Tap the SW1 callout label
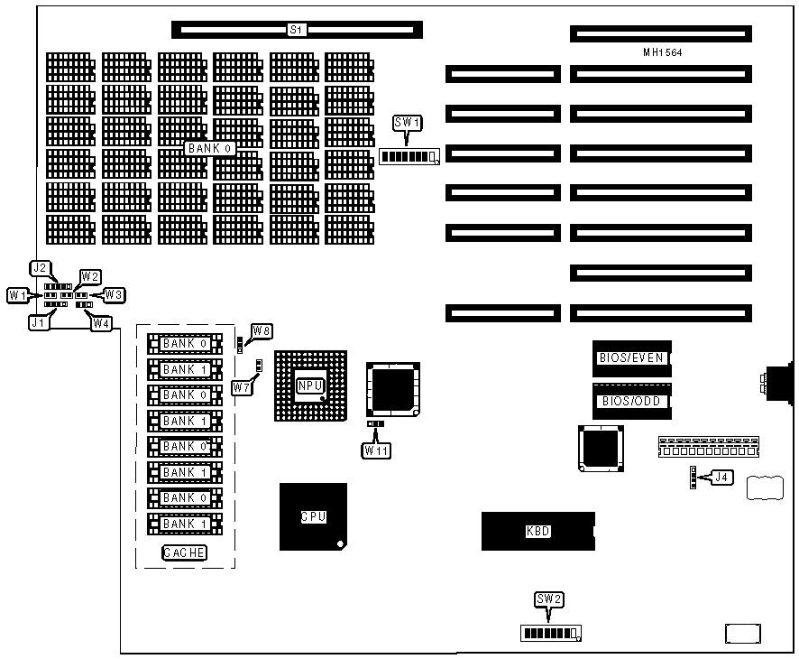pyautogui.click(x=408, y=123)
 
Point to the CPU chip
pyautogui.click(x=313, y=517)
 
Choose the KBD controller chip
pyautogui.click(x=537, y=531)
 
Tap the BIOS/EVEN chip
pyautogui.click(x=631, y=358)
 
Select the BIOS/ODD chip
pyautogui.click(x=631, y=402)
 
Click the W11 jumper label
pyautogui.click(x=378, y=450)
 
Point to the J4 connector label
pyautogui.click(x=721, y=478)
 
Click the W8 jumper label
pyautogui.click(x=262, y=331)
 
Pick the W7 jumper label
pyautogui.click(x=241, y=387)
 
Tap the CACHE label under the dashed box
pyautogui.click(x=185, y=552)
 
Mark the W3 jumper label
pyautogui.click(x=114, y=294)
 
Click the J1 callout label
pyautogui.click(x=37, y=321)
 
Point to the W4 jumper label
pyautogui.click(x=102, y=322)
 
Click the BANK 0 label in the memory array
pyautogui.click(x=210, y=148)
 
